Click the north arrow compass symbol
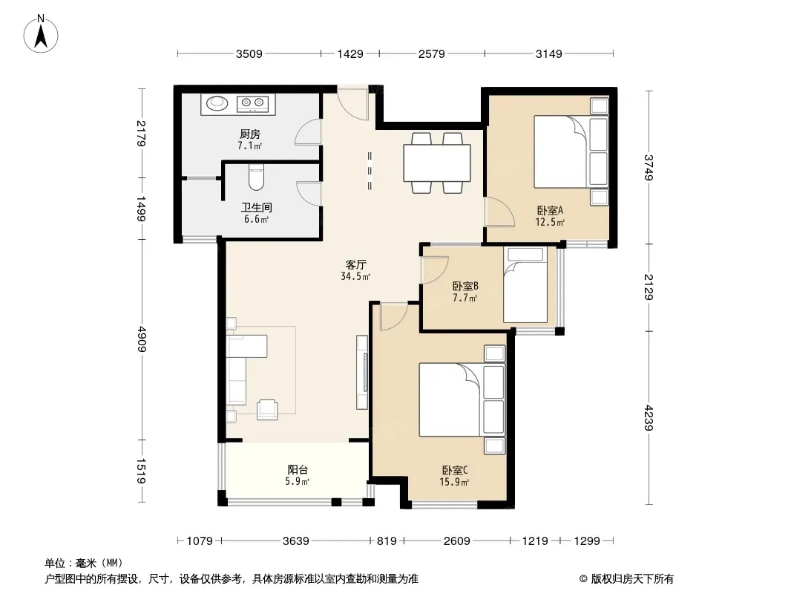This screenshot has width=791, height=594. [x=41, y=33]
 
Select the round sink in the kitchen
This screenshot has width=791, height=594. [x=217, y=103]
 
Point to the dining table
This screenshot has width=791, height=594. [x=437, y=163]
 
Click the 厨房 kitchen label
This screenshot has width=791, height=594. [x=250, y=134]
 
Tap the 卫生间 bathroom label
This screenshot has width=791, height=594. [x=256, y=207]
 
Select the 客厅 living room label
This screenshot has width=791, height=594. [x=355, y=264]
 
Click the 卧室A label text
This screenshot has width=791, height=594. [x=549, y=210]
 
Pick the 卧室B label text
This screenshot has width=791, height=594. [x=465, y=286]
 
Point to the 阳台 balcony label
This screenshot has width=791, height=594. [x=298, y=470]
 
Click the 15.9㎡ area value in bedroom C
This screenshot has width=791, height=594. [x=454, y=482]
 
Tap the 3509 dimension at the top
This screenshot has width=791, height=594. [x=249, y=53]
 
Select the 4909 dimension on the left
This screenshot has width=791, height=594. [x=142, y=339]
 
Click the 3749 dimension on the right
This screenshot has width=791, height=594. [x=649, y=167]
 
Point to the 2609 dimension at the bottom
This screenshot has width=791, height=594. [x=456, y=541]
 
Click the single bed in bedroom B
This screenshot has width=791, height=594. [x=525, y=284]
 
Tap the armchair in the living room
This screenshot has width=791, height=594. [x=267, y=409]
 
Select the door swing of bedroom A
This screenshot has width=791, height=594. [x=499, y=212]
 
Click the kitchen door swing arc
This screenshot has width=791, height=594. [x=307, y=132]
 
